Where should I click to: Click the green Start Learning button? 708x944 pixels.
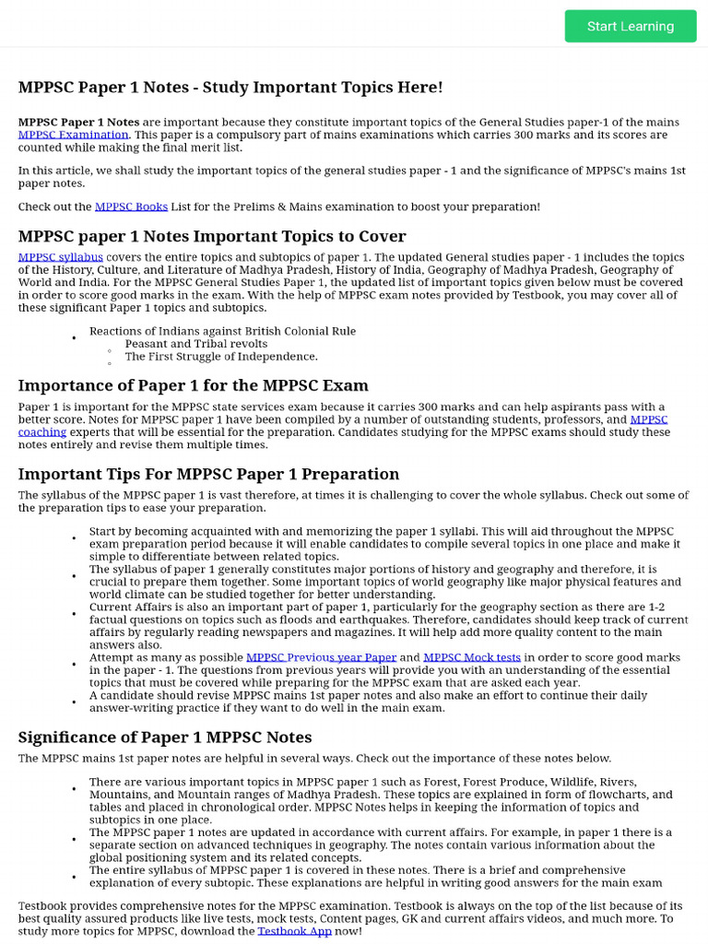(x=631, y=26)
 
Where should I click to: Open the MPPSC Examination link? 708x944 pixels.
(x=74, y=135)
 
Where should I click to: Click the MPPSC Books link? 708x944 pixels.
(x=131, y=206)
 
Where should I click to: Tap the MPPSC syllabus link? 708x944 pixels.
(x=61, y=257)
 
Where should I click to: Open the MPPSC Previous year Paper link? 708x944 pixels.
(x=321, y=657)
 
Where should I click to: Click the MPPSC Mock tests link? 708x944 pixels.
(x=472, y=657)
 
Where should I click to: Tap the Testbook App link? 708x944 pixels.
(x=294, y=931)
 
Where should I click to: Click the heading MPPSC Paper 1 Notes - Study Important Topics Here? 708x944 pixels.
(x=230, y=88)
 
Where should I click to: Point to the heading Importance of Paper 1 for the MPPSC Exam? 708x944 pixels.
(x=193, y=385)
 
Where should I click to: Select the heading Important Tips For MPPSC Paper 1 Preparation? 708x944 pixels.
(x=208, y=474)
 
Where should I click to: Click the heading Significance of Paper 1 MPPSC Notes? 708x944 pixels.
(x=165, y=737)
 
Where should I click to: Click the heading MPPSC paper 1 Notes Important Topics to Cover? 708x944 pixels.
(x=212, y=236)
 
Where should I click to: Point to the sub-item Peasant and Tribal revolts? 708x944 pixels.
(x=196, y=344)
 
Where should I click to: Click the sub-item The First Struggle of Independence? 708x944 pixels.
(x=221, y=357)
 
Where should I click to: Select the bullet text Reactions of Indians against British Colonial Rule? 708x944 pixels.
(x=222, y=331)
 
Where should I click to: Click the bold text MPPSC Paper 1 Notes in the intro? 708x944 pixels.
(x=78, y=122)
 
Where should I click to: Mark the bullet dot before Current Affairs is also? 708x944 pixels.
(x=74, y=613)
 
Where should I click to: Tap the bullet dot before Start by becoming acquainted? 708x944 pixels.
(x=74, y=537)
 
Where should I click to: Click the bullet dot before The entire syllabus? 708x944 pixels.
(x=74, y=877)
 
